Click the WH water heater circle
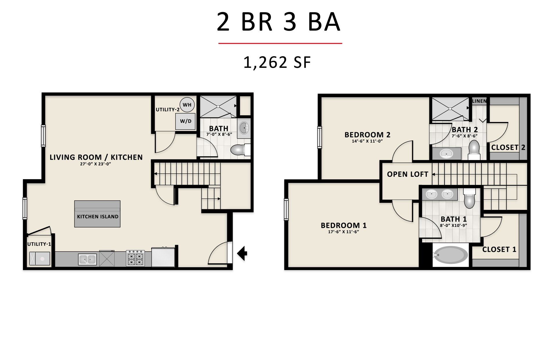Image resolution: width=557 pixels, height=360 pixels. (187, 105)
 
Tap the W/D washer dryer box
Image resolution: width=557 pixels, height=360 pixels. (185, 121)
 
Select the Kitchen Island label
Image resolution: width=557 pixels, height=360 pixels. (97, 217)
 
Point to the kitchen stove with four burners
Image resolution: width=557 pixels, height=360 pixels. (135, 258)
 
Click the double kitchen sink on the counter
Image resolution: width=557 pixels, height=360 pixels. (87, 259)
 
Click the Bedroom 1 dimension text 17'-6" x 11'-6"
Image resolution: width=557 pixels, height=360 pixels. (343, 232)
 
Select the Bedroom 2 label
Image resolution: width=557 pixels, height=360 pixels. (367, 135)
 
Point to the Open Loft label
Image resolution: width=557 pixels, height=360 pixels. (408, 174)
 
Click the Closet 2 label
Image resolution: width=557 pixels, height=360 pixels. (508, 148)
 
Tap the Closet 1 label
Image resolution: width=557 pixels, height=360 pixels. (499, 250)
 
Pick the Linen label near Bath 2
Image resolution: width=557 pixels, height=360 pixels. (479, 101)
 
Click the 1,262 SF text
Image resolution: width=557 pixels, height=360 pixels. (277, 62)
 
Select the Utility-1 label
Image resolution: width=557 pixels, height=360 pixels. (39, 244)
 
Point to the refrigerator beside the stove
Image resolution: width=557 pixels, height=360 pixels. (163, 257)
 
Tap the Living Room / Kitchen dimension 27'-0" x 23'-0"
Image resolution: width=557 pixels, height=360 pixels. (96, 164)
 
